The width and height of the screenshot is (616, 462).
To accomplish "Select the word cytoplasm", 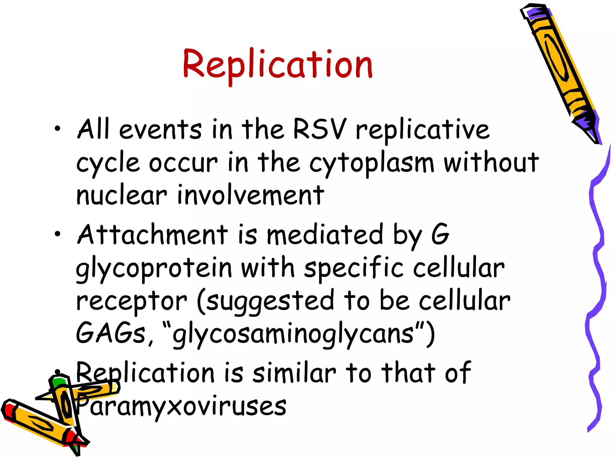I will click(371, 164).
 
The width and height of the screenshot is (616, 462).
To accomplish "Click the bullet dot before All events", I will click(57, 129).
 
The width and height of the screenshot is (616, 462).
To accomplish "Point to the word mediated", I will click(325, 235).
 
